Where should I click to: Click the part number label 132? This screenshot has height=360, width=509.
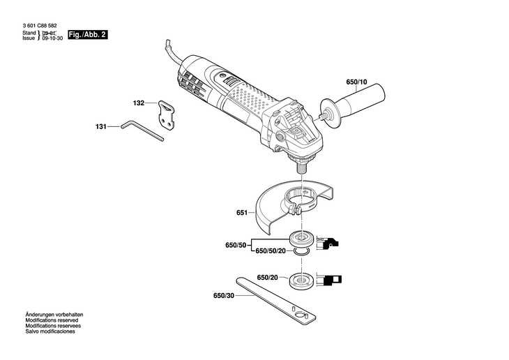coord(139,103)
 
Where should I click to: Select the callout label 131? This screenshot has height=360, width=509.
coord(101,127)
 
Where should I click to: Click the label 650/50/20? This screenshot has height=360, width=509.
coord(271,250)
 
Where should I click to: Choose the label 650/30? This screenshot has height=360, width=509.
coord(225,295)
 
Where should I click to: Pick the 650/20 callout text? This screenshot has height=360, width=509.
coord(268,278)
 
